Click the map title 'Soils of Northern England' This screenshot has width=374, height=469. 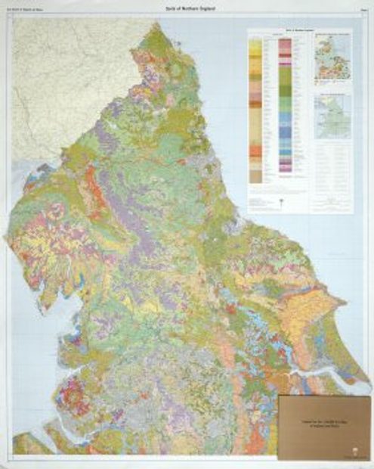coord(186,8)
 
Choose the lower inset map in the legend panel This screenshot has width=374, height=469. coord(332,116)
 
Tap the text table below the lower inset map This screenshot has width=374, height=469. coord(332,174)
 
